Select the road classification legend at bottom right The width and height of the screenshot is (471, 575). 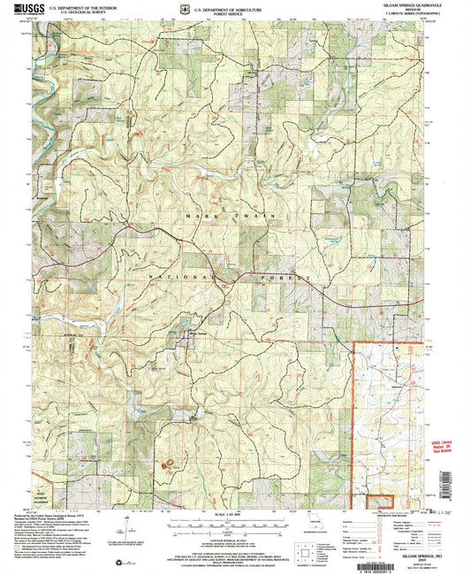(389, 531)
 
